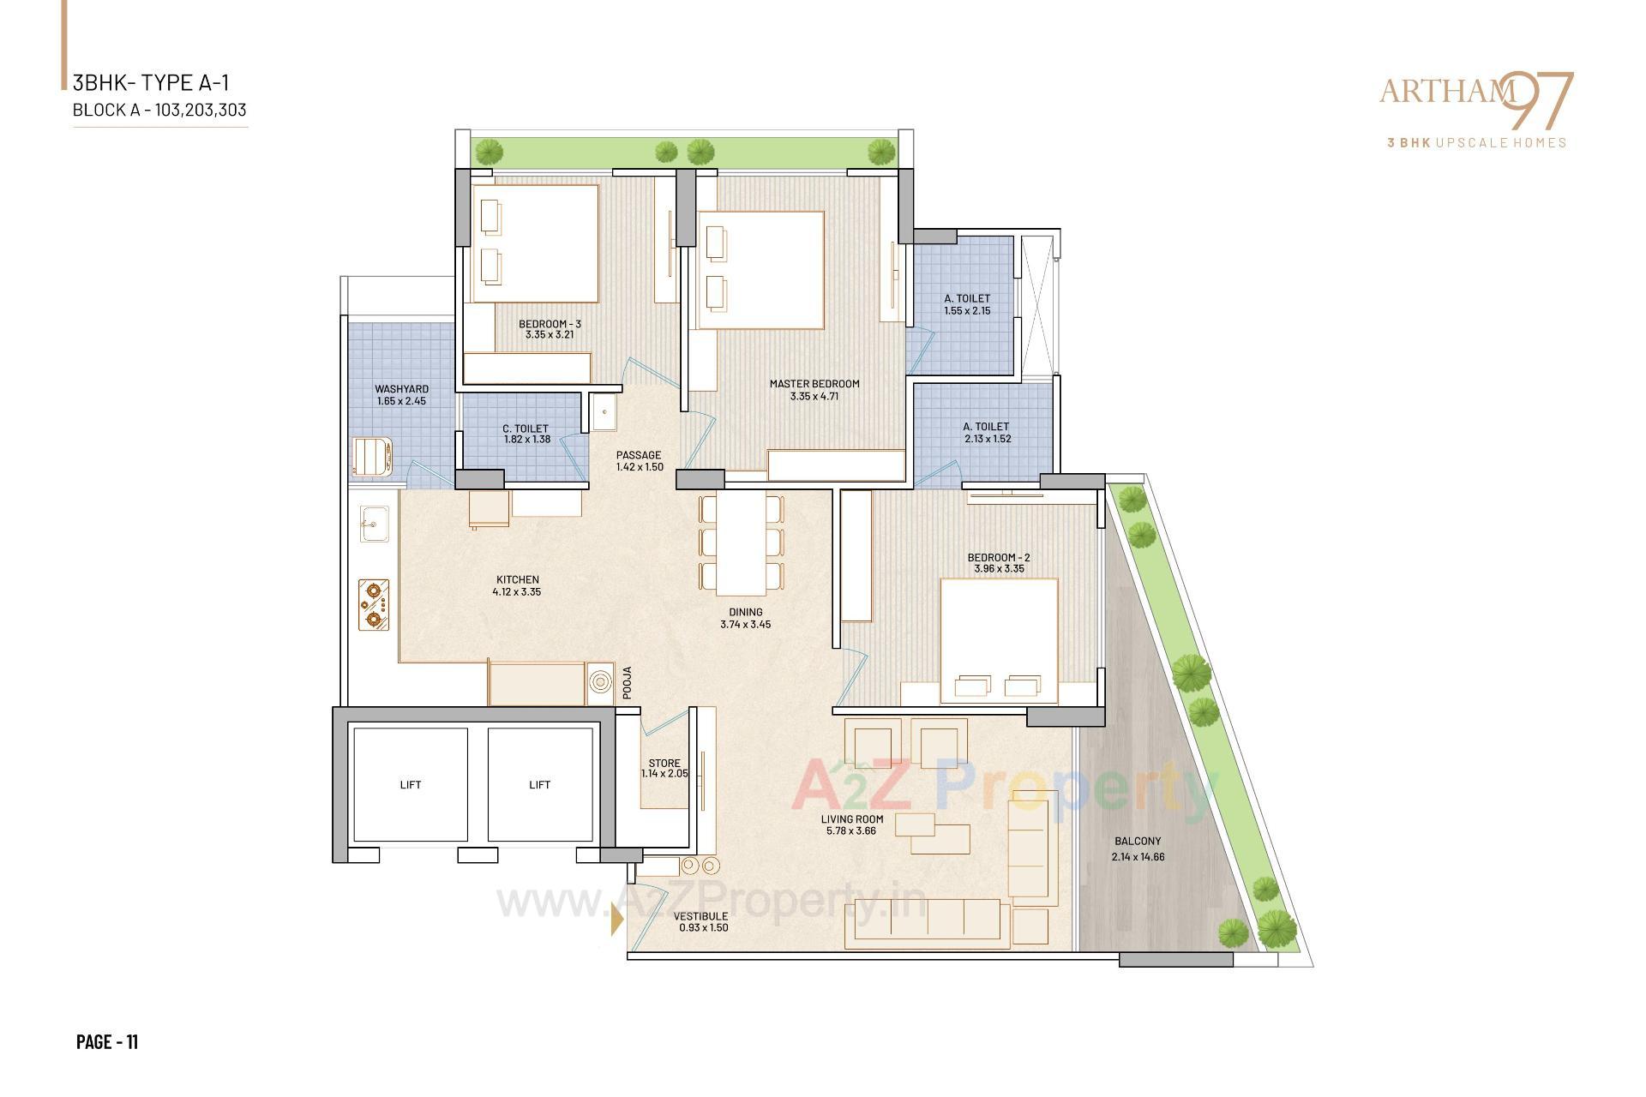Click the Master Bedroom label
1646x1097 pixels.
(814, 384)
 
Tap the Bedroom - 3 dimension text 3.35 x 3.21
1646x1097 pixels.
(550, 335)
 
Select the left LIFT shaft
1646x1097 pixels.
(411, 785)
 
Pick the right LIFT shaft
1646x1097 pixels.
(540, 785)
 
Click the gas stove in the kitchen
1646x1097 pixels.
(374, 605)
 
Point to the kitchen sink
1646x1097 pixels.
(374, 524)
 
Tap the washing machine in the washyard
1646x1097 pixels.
(372, 457)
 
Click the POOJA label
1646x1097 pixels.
(627, 683)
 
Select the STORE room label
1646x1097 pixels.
(664, 763)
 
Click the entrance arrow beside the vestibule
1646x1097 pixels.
(616, 920)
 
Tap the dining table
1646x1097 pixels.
(742, 544)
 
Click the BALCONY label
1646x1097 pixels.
(1138, 842)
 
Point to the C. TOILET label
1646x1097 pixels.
(526, 429)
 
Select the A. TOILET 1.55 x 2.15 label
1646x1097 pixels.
(967, 305)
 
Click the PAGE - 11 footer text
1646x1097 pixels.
(107, 1042)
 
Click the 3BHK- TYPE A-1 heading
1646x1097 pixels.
(151, 83)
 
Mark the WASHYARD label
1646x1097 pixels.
(401, 389)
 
